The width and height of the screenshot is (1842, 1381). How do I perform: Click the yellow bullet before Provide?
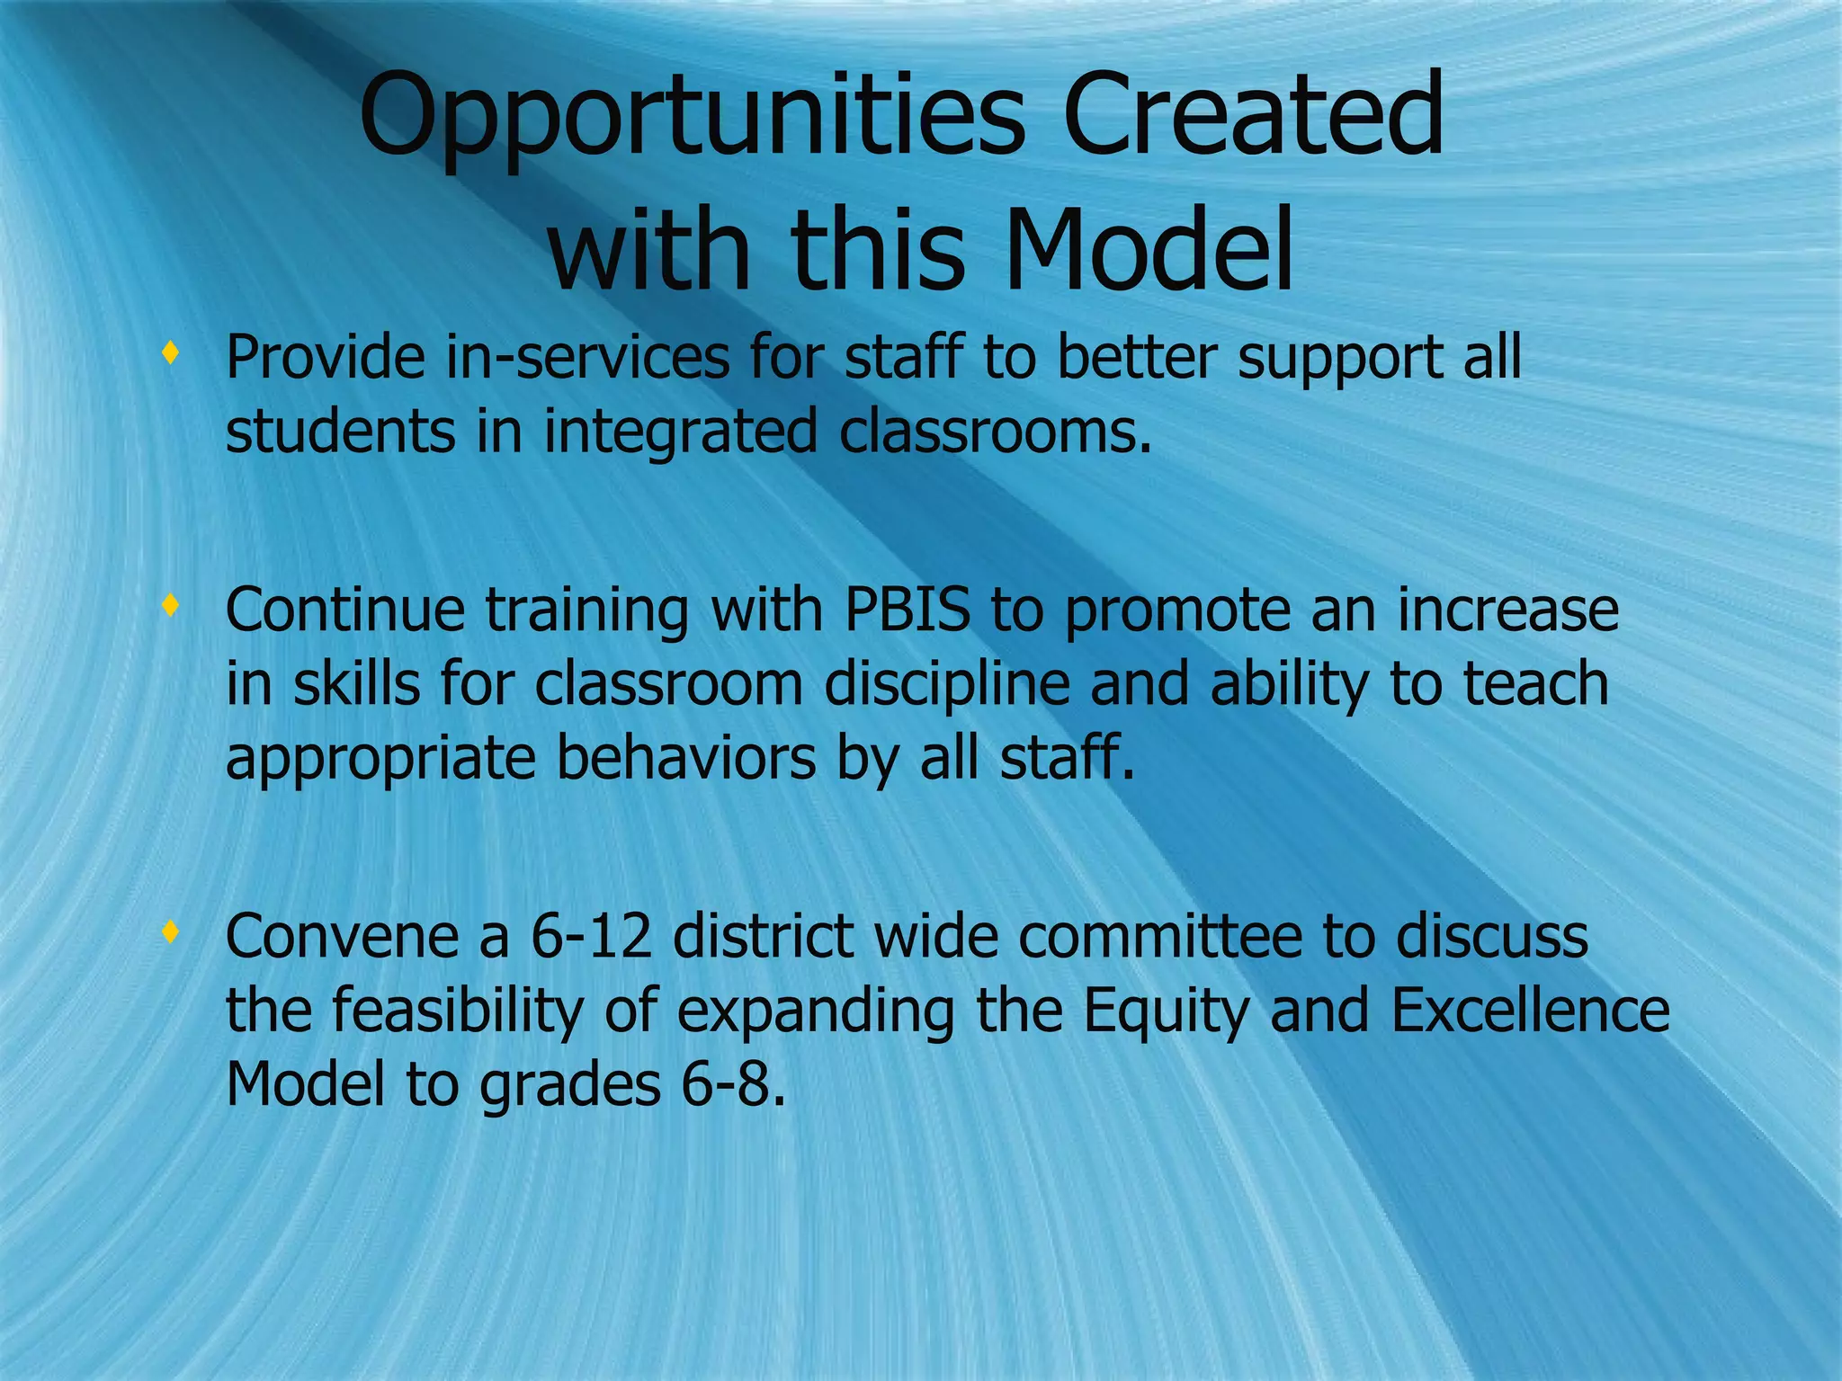[168, 353]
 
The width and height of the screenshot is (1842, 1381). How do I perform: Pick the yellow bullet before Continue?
[168, 606]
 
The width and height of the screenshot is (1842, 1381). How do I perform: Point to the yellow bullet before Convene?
[168, 932]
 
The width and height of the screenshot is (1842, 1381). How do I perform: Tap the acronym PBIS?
[908, 610]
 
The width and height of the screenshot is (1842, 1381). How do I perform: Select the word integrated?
[681, 432]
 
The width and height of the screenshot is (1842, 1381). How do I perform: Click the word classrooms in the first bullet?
[996, 432]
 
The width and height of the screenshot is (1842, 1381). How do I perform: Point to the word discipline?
[947, 684]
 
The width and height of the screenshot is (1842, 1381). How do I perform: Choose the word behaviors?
[686, 759]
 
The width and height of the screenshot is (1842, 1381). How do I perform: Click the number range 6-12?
[591, 936]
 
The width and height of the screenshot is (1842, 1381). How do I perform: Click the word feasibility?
[458, 1011]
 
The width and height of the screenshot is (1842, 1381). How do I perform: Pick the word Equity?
[1165, 1012]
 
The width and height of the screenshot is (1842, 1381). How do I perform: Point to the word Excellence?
[1530, 1011]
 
